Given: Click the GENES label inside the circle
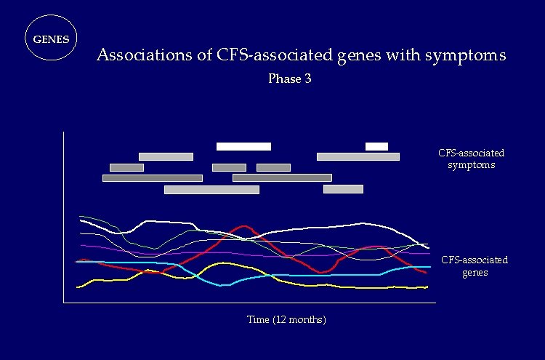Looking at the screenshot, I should (52, 39).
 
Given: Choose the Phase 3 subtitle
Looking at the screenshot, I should (290, 79).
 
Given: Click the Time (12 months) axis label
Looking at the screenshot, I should (286, 320).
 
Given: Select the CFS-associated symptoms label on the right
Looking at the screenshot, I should (471, 159).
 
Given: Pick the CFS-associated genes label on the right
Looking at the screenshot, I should (475, 266).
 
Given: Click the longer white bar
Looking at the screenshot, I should (243, 146).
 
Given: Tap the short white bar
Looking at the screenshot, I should (376, 146).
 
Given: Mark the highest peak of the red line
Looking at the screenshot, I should (244, 226).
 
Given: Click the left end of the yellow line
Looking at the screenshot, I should (78, 287).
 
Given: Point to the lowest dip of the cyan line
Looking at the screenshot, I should (224, 285).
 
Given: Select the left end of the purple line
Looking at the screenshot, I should (81, 245).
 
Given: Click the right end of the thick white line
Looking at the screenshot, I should (427, 247).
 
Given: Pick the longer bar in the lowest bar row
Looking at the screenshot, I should (211, 190).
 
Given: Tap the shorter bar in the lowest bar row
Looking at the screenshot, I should (343, 189).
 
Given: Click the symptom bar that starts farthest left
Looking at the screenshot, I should (153, 177).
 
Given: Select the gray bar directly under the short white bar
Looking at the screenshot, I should (358, 156).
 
